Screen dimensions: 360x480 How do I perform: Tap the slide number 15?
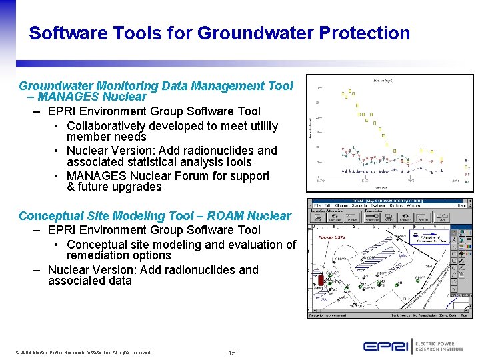(231, 352)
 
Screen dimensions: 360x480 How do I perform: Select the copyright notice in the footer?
(83, 352)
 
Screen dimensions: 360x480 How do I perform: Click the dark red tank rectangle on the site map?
(322, 281)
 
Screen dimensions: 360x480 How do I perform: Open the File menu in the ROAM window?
(317, 206)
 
